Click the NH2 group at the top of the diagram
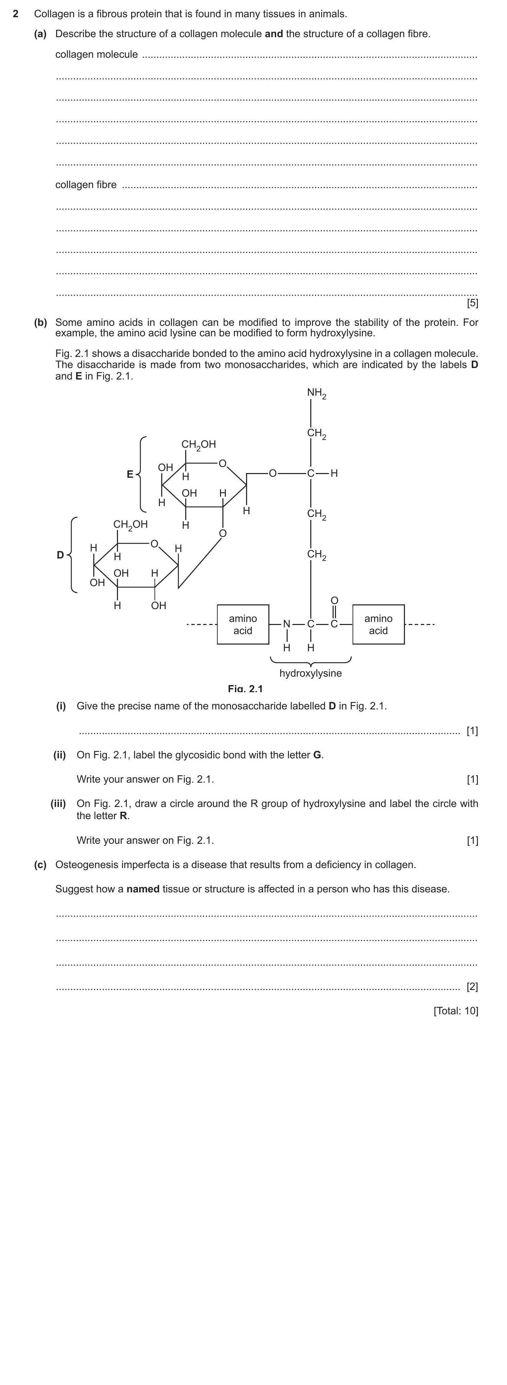tap(316, 394)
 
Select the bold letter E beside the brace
tap(130, 474)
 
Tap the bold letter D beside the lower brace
tap(60, 555)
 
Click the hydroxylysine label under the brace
tap(311, 673)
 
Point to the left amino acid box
tap(243, 624)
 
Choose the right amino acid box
tap(378, 624)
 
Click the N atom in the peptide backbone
tap(287, 624)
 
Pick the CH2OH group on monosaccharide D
tap(130, 524)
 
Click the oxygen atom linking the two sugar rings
tap(223, 533)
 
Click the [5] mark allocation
tap(472, 303)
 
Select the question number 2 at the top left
tap(16, 14)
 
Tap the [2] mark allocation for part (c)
tap(472, 987)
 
